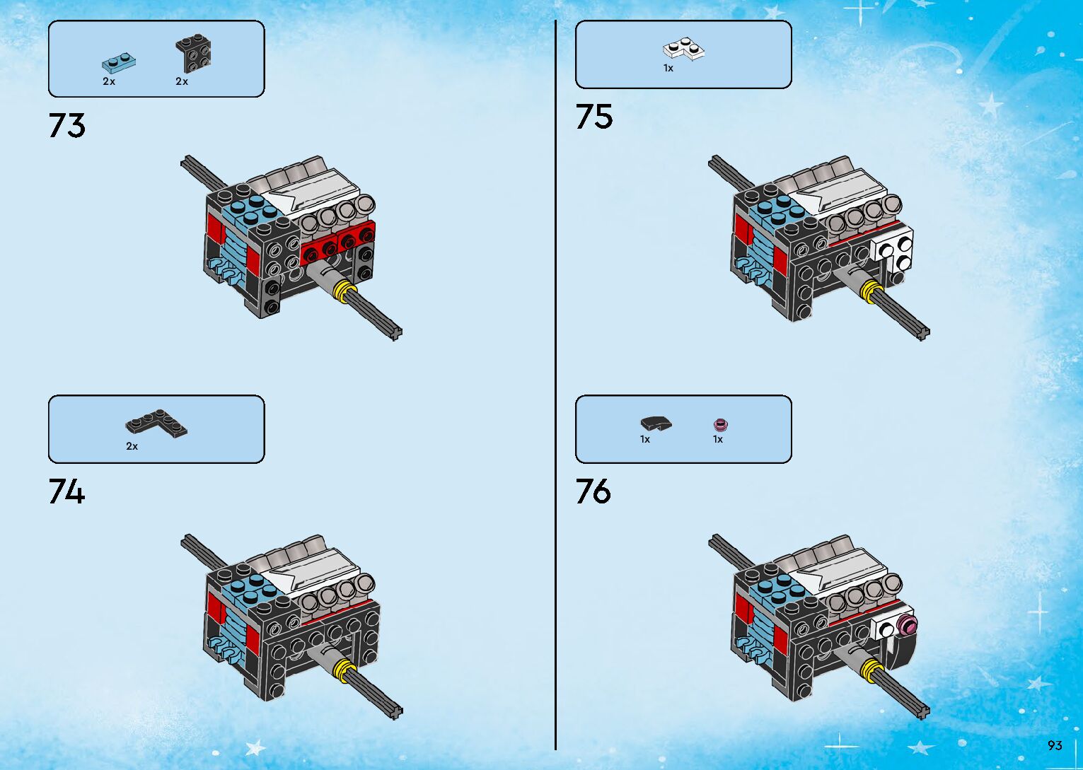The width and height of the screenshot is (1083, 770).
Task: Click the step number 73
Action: (66, 125)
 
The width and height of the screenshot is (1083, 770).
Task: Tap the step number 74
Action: (66, 491)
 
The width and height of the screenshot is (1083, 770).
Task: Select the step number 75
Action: (593, 117)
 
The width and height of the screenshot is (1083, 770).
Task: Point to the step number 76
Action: (593, 491)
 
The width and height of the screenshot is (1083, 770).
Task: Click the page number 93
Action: (1055, 745)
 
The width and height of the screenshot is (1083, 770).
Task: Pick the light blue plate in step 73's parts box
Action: (118, 62)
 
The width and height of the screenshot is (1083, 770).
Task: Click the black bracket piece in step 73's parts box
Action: (193, 53)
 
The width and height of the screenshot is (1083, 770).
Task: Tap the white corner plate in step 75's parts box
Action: (683, 49)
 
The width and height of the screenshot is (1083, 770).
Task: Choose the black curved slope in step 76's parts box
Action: (656, 424)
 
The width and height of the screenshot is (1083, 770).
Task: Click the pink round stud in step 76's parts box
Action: (721, 424)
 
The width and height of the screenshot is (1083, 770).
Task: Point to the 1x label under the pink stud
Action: (718, 439)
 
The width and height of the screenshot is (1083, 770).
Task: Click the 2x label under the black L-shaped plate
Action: (132, 446)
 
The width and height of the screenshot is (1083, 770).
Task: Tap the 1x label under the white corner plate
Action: (668, 69)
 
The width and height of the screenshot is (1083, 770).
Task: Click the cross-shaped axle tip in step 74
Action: (396, 711)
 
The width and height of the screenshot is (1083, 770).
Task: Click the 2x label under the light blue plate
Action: (109, 82)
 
